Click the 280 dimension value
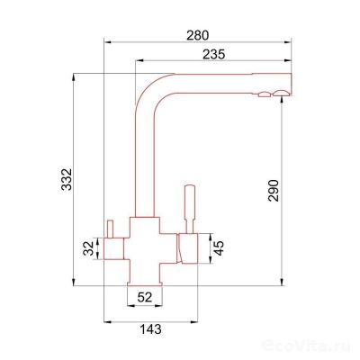tap(197, 35)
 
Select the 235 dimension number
tap(213, 55)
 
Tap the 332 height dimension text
tap(67, 180)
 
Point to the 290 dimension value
tap(274, 191)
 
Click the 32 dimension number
tap(89, 248)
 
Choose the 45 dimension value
tap(219, 248)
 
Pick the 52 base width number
tap(145, 297)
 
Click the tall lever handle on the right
tap(190, 209)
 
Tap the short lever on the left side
tap(110, 229)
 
